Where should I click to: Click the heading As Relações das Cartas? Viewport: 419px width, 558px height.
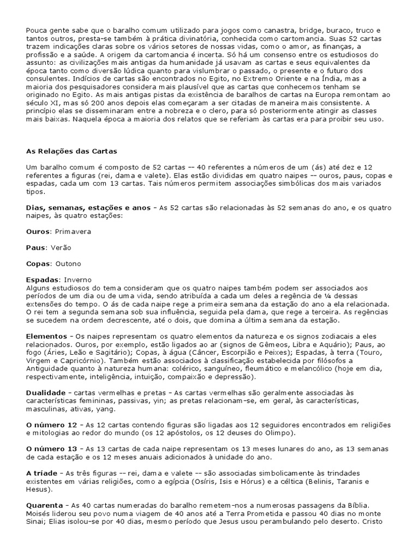pyautogui.click(x=72, y=151)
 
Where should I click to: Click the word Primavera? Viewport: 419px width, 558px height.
pyautogui.click(x=73, y=232)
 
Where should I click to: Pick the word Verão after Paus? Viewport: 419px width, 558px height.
pyautogui.click(x=61, y=247)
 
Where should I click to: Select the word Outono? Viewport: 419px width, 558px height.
pyautogui.click(x=68, y=264)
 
